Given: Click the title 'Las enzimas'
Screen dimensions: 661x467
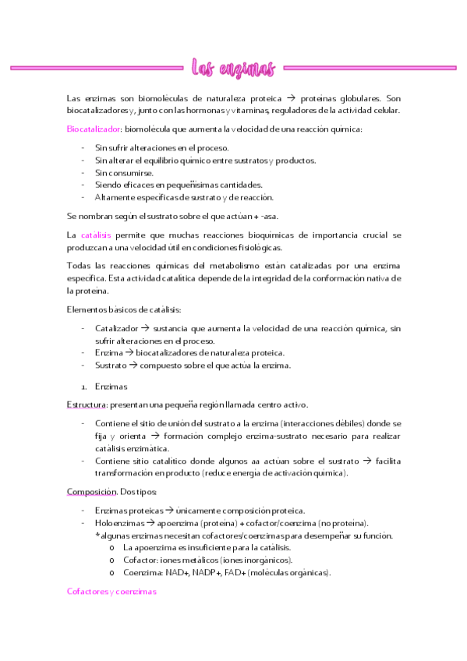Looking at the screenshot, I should (x=233, y=69).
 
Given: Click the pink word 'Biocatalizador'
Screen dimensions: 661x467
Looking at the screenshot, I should (x=94, y=129).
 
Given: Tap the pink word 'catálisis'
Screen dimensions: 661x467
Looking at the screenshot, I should (x=96, y=235).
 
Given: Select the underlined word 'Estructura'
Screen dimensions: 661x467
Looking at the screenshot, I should (x=87, y=405).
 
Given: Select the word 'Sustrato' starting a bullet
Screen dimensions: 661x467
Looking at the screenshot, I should (x=110, y=365).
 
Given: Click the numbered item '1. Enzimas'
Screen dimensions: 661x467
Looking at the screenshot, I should (x=111, y=386).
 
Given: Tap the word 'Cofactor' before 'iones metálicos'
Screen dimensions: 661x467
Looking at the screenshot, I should (x=140, y=560).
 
